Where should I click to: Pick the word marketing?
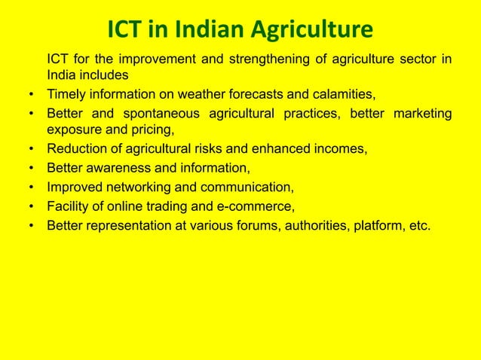tap(418, 114)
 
